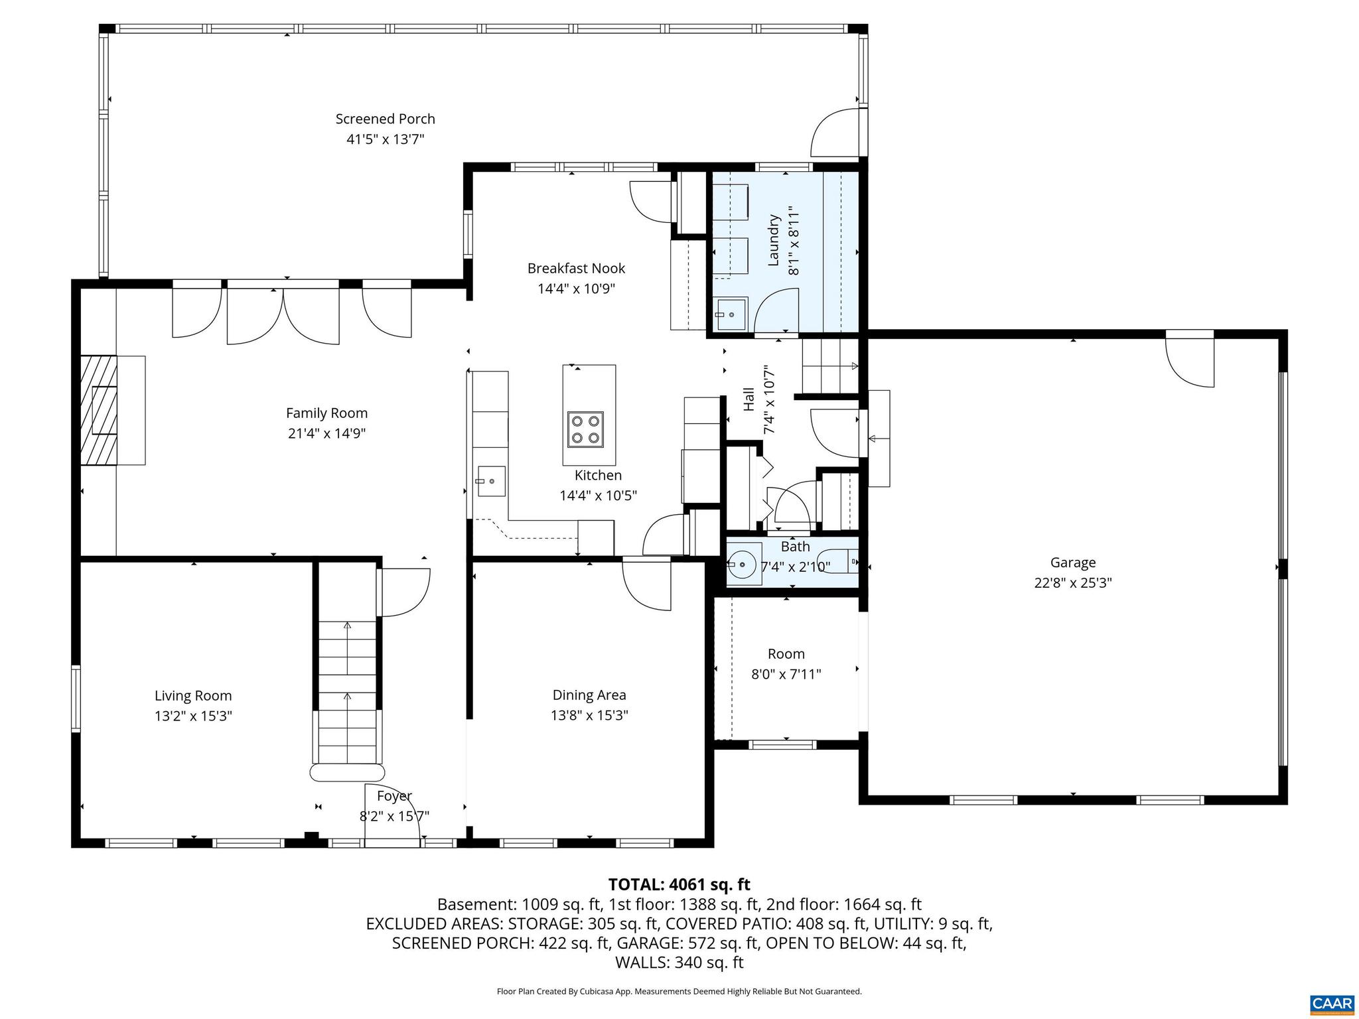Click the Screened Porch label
385,119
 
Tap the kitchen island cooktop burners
585,429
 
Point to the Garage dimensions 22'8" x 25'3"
1073,583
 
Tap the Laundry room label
773,240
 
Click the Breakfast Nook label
576,269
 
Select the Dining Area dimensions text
589,716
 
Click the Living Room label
193,696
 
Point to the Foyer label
394,796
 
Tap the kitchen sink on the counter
490,481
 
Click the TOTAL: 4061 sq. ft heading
679,884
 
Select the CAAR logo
1332,1003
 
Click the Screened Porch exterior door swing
835,133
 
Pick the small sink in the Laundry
731,313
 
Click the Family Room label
326,413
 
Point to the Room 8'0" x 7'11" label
786,664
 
